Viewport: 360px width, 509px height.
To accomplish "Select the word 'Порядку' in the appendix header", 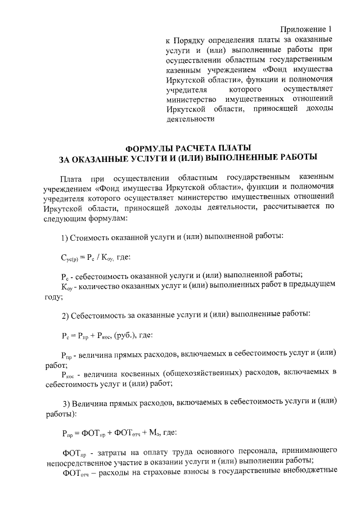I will (x=193, y=41).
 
